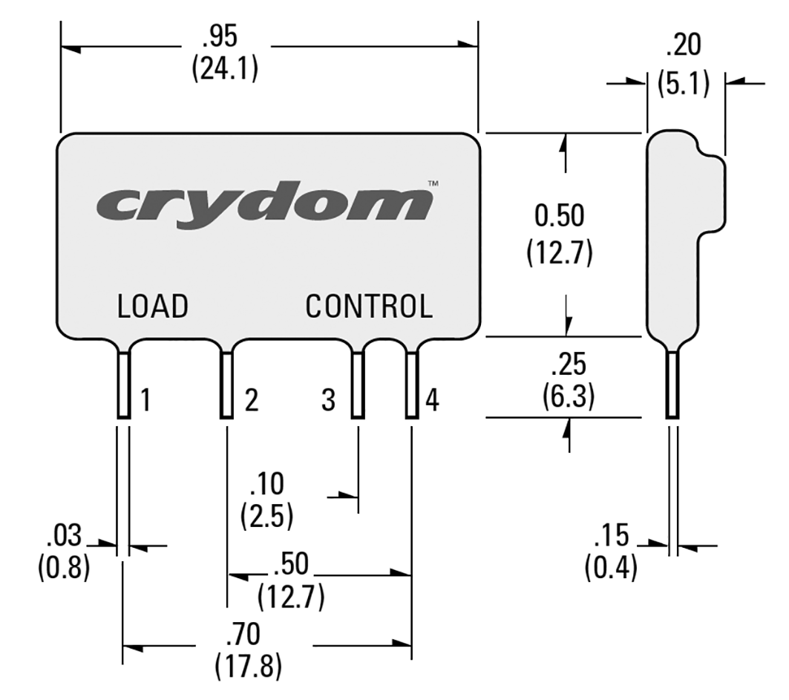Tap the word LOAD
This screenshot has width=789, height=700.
(x=152, y=306)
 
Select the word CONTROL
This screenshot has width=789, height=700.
(x=369, y=306)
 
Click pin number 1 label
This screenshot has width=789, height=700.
(x=146, y=402)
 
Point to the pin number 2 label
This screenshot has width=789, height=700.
(x=251, y=402)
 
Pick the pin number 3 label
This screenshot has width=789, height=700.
(x=329, y=402)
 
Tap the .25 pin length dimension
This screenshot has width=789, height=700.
(x=569, y=365)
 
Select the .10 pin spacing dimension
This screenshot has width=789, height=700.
(x=267, y=485)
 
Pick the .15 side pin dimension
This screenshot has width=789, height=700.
(x=611, y=535)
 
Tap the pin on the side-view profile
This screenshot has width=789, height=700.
(x=672, y=385)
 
